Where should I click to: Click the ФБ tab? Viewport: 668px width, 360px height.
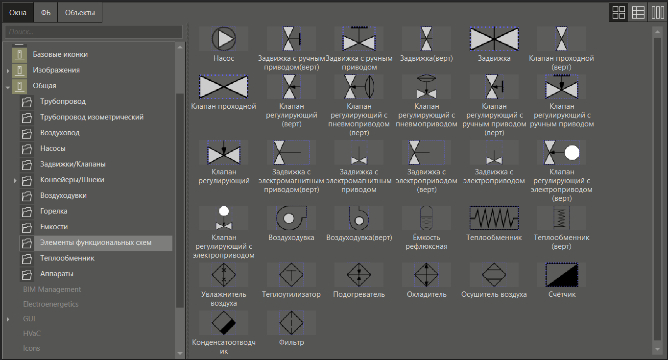coord(46,13)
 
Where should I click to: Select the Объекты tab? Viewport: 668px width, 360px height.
coord(80,13)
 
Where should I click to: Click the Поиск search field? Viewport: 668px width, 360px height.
coord(94,32)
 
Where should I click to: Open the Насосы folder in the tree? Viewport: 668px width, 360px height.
coord(53,148)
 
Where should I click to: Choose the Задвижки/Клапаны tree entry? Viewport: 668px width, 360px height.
coord(73,164)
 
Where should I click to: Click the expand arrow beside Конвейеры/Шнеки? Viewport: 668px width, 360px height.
coord(16,180)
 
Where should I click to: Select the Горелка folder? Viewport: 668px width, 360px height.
coord(54,211)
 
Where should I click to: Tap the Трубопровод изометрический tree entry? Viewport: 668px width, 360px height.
coord(92,117)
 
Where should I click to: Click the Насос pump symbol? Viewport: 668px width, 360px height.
coord(224,39)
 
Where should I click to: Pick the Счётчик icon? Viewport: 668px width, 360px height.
coord(562,275)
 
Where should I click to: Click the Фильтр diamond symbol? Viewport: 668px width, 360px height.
coord(291,323)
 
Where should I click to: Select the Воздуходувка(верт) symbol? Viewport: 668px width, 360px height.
coord(359,218)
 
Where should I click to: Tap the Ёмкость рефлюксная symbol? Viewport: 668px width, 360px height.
coord(427,218)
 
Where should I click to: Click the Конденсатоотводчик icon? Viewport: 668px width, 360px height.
coord(224,323)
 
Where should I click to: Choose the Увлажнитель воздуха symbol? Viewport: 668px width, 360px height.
coord(224,275)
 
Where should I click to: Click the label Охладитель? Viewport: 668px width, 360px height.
coord(427,294)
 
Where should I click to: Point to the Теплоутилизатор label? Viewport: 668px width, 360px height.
coord(291,294)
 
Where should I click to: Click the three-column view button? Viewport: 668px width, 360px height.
coord(657,13)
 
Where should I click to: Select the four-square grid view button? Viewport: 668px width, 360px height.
coord(619,13)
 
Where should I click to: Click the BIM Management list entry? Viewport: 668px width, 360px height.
coord(52,289)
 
